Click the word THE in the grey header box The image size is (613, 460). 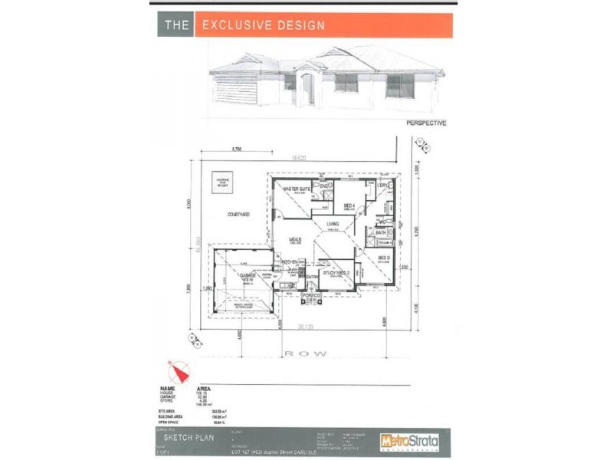pyautogui.click(x=178, y=25)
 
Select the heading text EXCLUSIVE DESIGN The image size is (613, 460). pyautogui.click(x=264, y=25)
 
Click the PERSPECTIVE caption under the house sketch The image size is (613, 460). pyautogui.click(x=426, y=123)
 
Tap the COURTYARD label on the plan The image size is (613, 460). pyautogui.click(x=238, y=215)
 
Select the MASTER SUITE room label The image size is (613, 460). pyautogui.click(x=297, y=189)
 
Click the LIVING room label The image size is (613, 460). pyautogui.click(x=333, y=224)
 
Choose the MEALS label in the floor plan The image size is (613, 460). pyautogui.click(x=295, y=239)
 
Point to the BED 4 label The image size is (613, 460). pyautogui.click(x=348, y=205)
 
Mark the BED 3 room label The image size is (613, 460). pyautogui.click(x=383, y=258)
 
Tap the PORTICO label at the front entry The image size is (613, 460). pyautogui.click(x=310, y=295)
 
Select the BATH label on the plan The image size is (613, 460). pyautogui.click(x=381, y=232)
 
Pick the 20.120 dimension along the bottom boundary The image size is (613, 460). pyautogui.click(x=305, y=327)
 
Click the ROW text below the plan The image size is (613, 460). pyautogui.click(x=306, y=353)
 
